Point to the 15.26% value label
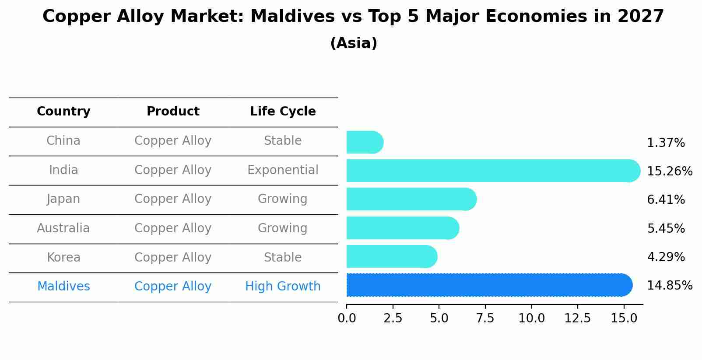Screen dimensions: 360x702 [669, 171]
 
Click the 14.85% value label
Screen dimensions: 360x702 [669, 286]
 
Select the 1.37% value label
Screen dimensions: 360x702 [665, 143]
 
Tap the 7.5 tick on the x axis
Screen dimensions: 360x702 [485, 318]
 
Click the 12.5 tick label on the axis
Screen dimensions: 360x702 [577, 318]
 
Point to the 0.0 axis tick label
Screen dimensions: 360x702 [347, 318]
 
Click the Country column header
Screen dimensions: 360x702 [63, 112]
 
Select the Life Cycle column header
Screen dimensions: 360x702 [283, 112]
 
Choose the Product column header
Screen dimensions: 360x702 [173, 112]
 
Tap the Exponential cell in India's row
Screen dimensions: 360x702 [283, 170]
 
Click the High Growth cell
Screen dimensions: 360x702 [283, 287]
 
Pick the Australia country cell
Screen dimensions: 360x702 [63, 228]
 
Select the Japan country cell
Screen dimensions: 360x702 [63, 199]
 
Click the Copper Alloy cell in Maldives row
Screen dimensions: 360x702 [173, 287]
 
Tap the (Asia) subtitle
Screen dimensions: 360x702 [354, 43]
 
